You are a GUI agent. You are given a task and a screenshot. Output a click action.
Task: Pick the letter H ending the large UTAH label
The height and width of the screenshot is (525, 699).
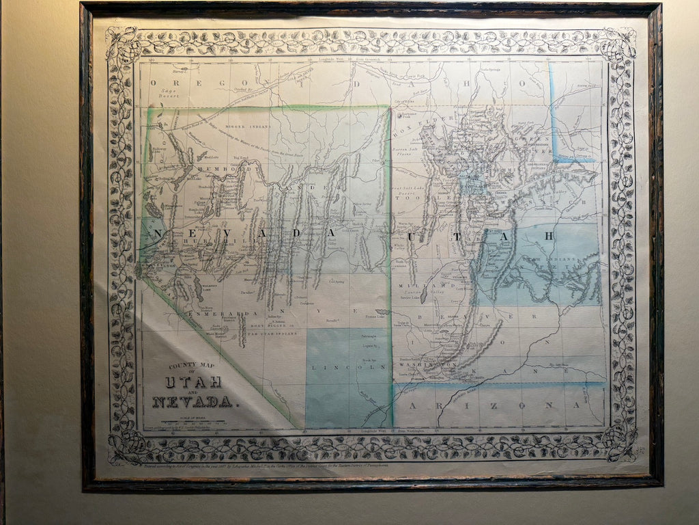[548, 236]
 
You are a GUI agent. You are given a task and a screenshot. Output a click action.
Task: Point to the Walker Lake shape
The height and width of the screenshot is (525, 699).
[198, 287]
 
